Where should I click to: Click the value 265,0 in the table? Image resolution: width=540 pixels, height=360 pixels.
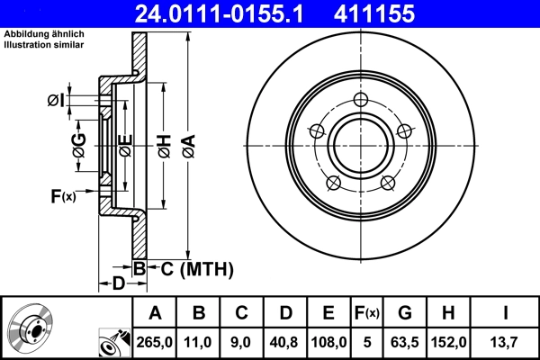click(155, 342)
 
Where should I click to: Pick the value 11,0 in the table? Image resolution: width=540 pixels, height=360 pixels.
click(199, 342)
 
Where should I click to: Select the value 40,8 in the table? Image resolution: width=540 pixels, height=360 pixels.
click(284, 342)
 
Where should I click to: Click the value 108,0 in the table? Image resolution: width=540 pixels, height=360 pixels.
click(328, 342)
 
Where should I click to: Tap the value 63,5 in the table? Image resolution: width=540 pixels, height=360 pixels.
click(405, 342)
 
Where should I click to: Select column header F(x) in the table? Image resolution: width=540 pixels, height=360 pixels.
click(367, 313)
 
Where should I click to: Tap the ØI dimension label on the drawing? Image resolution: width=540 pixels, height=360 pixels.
click(56, 100)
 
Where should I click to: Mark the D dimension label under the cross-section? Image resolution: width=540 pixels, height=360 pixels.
click(118, 285)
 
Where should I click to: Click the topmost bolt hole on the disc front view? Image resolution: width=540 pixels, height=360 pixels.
click(361, 100)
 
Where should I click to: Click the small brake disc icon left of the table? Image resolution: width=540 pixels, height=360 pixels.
click(31, 328)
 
